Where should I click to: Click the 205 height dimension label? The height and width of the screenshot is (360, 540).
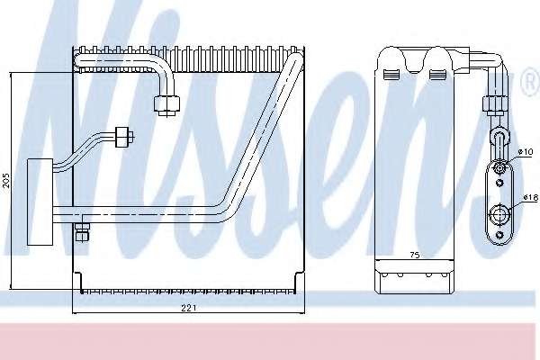(x=6, y=181)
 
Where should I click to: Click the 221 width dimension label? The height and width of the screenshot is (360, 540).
(x=189, y=308)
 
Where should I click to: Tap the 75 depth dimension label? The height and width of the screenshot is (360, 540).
(x=415, y=255)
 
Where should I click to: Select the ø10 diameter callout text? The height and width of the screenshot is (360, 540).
(x=526, y=151)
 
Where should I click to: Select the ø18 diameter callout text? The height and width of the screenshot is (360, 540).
(x=530, y=198)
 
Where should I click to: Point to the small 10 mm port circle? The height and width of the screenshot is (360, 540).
(x=499, y=168)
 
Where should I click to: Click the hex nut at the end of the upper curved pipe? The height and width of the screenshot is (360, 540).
(x=166, y=104)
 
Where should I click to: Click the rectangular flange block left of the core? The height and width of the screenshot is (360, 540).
(x=40, y=202)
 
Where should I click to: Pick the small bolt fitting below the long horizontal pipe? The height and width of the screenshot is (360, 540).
(x=82, y=232)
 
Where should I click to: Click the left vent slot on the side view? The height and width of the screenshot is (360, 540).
(x=391, y=74)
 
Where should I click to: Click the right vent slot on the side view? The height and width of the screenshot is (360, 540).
(x=437, y=74)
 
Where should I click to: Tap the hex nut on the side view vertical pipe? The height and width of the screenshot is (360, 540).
(x=496, y=104)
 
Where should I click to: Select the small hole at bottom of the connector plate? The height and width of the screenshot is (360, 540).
(x=499, y=235)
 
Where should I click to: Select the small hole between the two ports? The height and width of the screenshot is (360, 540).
(x=499, y=183)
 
